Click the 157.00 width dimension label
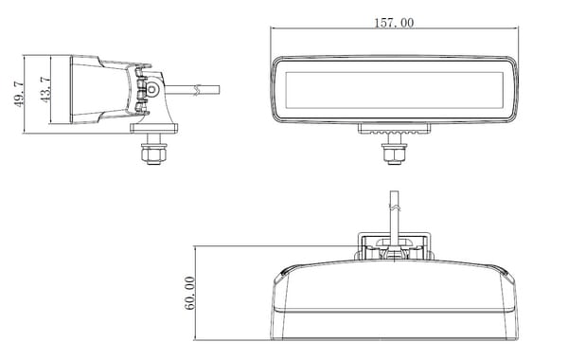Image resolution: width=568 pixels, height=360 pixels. (394, 23)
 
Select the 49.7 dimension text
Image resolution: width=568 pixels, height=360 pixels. (19, 94)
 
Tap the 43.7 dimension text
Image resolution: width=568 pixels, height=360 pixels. (45, 90)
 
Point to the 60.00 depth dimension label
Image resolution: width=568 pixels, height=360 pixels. (189, 293)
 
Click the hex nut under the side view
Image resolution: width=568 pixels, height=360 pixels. (154, 154)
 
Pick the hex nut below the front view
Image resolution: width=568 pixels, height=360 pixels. (394, 153)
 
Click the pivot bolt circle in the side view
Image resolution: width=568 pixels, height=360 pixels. (151, 89)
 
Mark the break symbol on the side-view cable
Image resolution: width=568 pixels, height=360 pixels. (197, 90)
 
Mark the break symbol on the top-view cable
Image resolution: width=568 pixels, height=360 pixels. (395, 207)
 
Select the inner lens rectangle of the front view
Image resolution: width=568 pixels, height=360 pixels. (394, 90)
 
